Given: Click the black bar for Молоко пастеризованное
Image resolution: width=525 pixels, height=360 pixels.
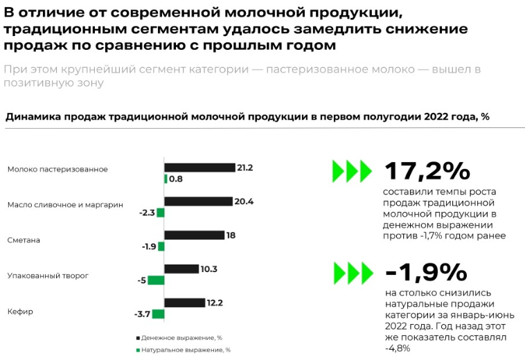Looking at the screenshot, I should click(199, 168).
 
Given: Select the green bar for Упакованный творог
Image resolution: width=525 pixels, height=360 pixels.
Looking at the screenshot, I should click(157, 280).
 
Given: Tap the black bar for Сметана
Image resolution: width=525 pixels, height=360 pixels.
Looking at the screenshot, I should click(194, 235).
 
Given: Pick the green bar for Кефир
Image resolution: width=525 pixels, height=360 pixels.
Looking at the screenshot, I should click(158, 314).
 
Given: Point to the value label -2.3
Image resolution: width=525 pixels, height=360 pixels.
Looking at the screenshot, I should click(146, 213).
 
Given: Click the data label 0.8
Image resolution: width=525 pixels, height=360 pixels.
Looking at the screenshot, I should click(176, 179).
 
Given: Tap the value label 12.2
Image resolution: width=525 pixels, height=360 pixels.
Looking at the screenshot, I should click(214, 303).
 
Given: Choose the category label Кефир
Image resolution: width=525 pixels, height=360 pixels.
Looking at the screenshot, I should click(20, 312).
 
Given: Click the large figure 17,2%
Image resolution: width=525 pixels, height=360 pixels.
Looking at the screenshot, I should click(427, 170).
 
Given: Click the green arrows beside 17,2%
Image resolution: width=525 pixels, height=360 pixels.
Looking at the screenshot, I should click(352, 170).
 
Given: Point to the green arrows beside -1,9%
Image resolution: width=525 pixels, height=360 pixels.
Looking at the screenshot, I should click(352, 273).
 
